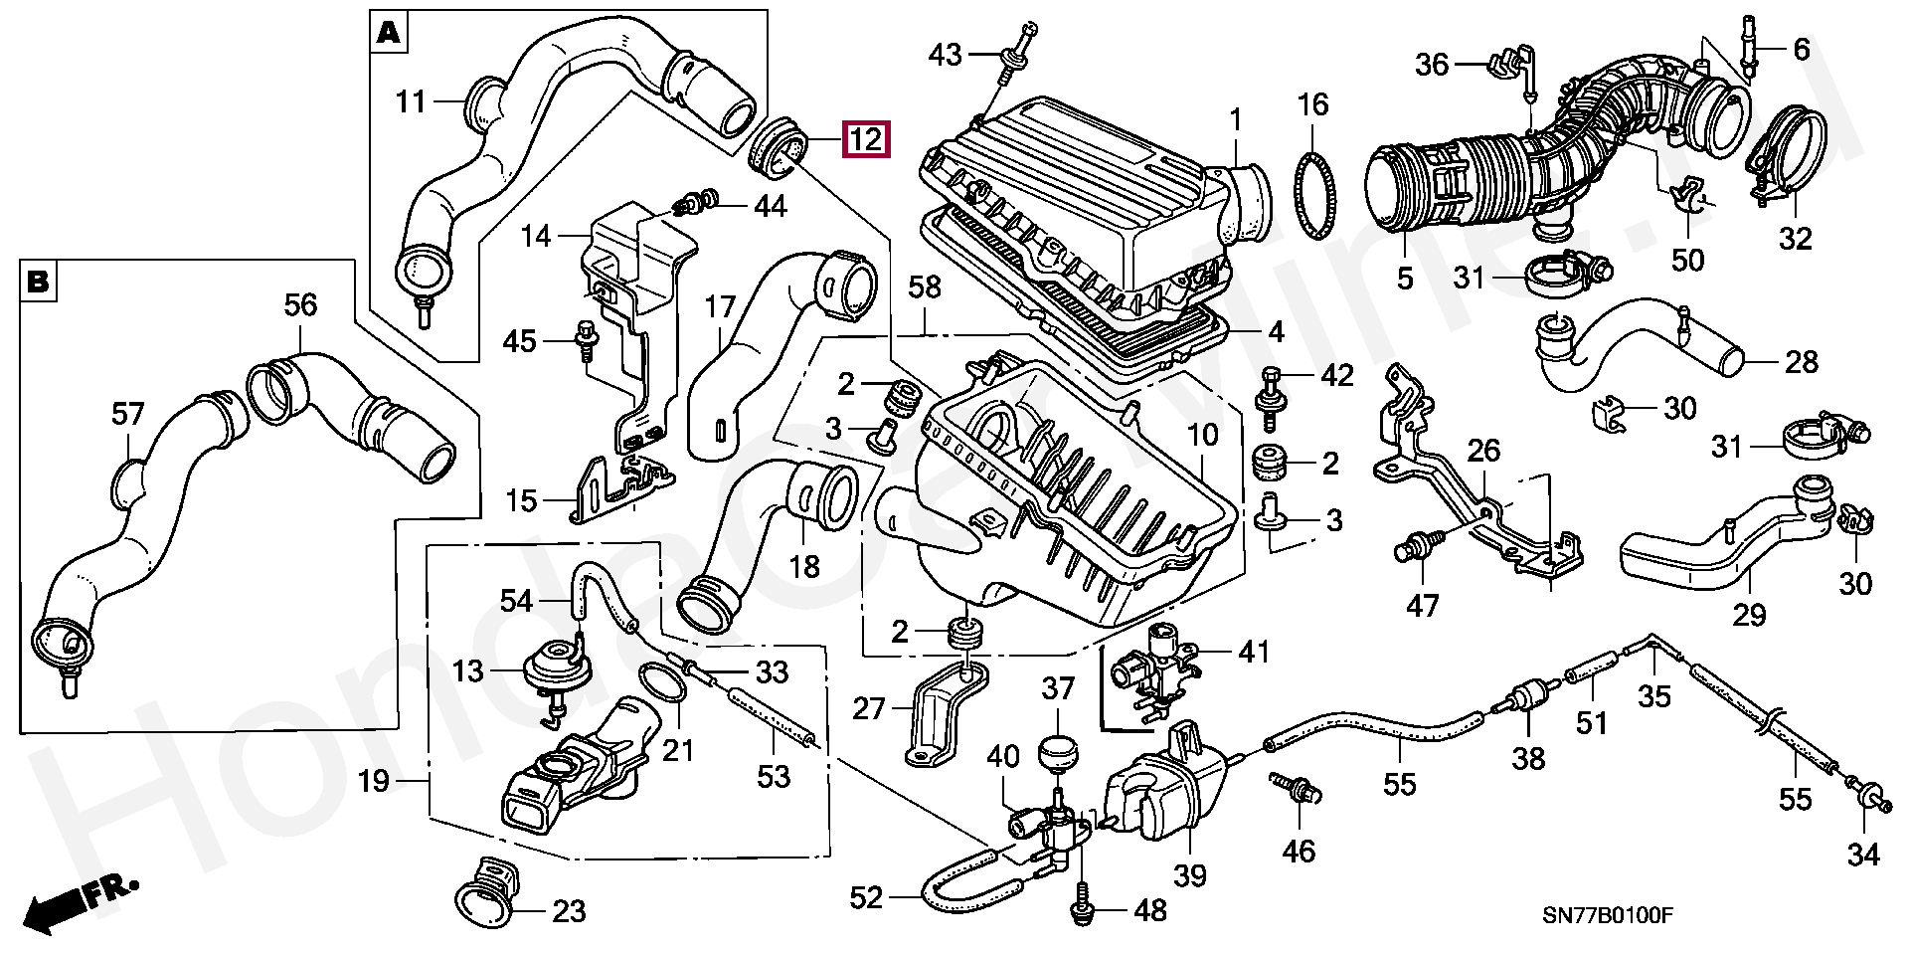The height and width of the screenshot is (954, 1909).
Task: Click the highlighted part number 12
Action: point(865,139)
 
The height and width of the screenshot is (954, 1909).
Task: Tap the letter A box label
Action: point(388,34)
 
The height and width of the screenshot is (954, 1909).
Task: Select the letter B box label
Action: point(38,282)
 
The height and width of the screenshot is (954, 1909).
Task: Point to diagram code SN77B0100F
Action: point(1608,915)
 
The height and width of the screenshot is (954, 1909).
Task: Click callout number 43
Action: point(945,54)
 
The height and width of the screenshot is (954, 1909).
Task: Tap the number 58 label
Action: point(925,288)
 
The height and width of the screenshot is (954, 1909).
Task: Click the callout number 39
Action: point(1189,874)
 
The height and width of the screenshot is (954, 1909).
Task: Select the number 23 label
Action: point(569,910)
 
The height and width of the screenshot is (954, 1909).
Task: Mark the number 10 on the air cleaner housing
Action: point(1203,435)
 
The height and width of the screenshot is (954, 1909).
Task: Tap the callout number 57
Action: point(128,413)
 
